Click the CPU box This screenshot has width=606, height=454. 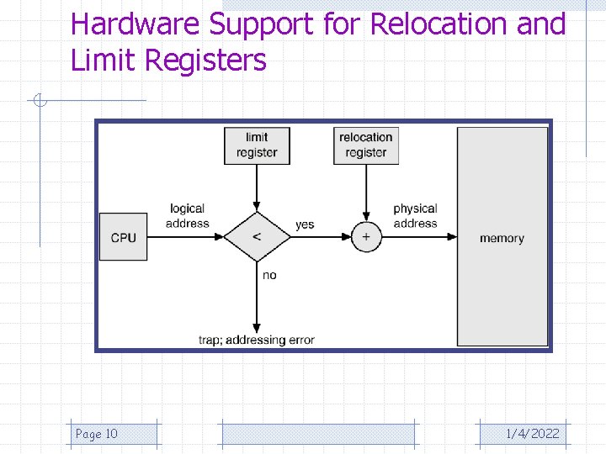click(x=123, y=237)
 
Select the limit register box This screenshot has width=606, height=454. click(x=257, y=145)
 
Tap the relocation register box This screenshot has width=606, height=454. click(x=366, y=145)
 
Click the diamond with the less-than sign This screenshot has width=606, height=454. click(x=257, y=237)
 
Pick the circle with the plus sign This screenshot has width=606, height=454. click(x=366, y=237)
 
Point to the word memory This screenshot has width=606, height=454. click(x=502, y=238)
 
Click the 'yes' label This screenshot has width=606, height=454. click(x=305, y=224)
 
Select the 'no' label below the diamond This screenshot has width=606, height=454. click(x=269, y=275)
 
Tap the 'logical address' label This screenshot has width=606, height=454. click(x=187, y=216)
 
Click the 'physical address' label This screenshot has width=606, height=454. click(x=415, y=216)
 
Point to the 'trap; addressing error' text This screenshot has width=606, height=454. click(x=256, y=340)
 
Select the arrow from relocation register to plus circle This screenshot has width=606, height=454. click(x=366, y=192)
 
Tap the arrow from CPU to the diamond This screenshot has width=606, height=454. click(x=185, y=237)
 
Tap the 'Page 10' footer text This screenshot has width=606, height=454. click(x=97, y=434)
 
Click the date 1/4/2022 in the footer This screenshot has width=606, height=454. click(x=532, y=434)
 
